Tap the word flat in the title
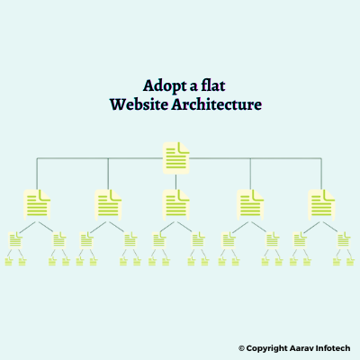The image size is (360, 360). pos(213,85)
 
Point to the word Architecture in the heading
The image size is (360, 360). pos(217,104)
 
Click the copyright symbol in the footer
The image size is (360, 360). pos(241,348)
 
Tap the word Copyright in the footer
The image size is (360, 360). pos(266,348)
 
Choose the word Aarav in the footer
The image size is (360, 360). pos(301,348)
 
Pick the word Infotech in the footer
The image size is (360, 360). pos(332,348)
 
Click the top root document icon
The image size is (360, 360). pos(176,158)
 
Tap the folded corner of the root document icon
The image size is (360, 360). pos(184,148)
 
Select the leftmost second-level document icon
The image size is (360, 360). pos(37,205)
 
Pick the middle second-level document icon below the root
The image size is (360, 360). pos(176,205)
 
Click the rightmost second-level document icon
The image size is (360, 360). pos(321,205)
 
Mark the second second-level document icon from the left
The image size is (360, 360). pos(108,205)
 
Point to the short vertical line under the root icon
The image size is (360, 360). pos(176,182)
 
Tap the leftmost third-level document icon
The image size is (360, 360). pos(15,240)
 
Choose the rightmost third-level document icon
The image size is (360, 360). pos(344,240)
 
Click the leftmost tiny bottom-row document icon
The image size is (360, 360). pos(9,262)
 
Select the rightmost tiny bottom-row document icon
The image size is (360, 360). pos(350,262)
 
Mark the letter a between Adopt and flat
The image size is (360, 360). pos(193,87)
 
